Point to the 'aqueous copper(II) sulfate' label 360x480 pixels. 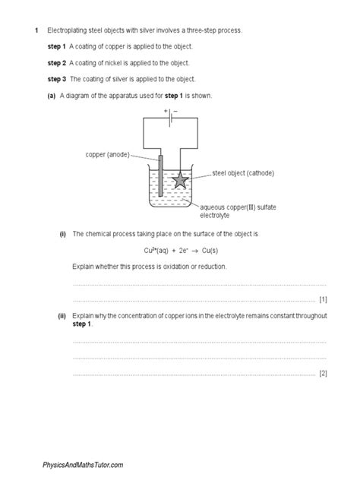[236, 207]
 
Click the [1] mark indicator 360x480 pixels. [323, 298]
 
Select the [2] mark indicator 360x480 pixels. [323, 373]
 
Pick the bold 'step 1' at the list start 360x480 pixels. [57, 46]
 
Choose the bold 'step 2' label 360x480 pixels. [57, 62]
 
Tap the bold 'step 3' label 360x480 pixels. [57, 78]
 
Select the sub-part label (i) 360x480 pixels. [63, 234]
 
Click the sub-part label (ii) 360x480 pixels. [62, 314]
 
